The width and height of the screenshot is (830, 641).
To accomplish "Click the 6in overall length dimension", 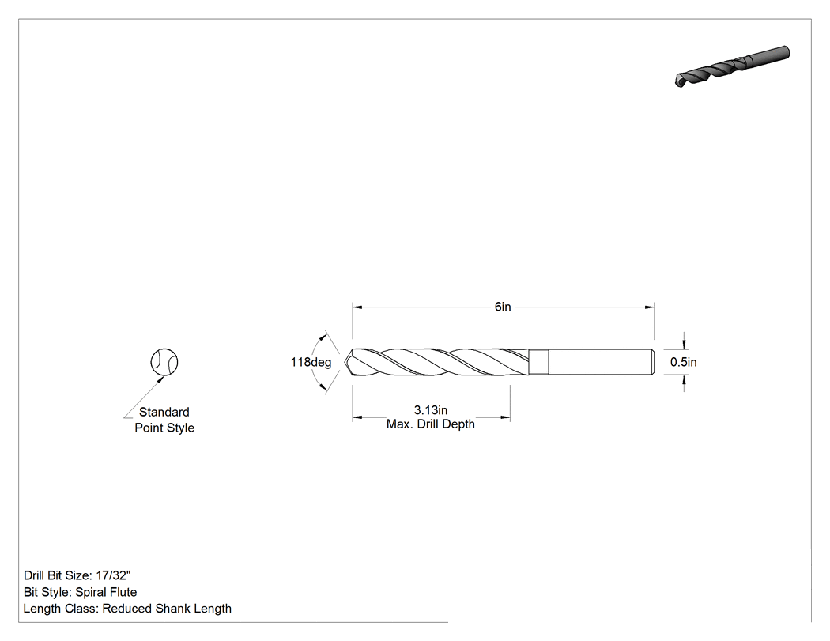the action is [503, 307].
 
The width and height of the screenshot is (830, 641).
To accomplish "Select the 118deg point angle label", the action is [311, 362].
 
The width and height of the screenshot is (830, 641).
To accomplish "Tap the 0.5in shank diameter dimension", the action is [684, 362].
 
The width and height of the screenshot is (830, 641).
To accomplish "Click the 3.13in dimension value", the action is [431, 409].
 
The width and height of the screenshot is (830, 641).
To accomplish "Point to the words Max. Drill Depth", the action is [430, 424].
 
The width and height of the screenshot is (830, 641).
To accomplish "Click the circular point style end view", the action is [164, 362].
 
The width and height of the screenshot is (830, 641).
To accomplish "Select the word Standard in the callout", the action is [164, 412].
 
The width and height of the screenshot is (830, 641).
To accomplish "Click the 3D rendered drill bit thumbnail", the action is [732, 66].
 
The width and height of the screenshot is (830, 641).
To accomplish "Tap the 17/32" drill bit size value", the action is [113, 575].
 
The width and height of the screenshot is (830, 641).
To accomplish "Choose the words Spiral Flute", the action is [106, 592].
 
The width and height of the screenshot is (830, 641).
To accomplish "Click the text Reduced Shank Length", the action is [167, 609].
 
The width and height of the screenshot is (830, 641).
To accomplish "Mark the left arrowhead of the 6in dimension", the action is [357, 307].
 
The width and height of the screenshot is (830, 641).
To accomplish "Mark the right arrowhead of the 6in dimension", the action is [650, 307].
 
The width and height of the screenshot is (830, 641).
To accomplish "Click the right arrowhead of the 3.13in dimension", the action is [505, 417].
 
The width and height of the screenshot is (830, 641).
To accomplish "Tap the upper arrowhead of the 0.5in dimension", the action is [685, 344].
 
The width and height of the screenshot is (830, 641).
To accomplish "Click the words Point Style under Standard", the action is [164, 428].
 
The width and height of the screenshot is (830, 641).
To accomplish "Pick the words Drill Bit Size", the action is [57, 575].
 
